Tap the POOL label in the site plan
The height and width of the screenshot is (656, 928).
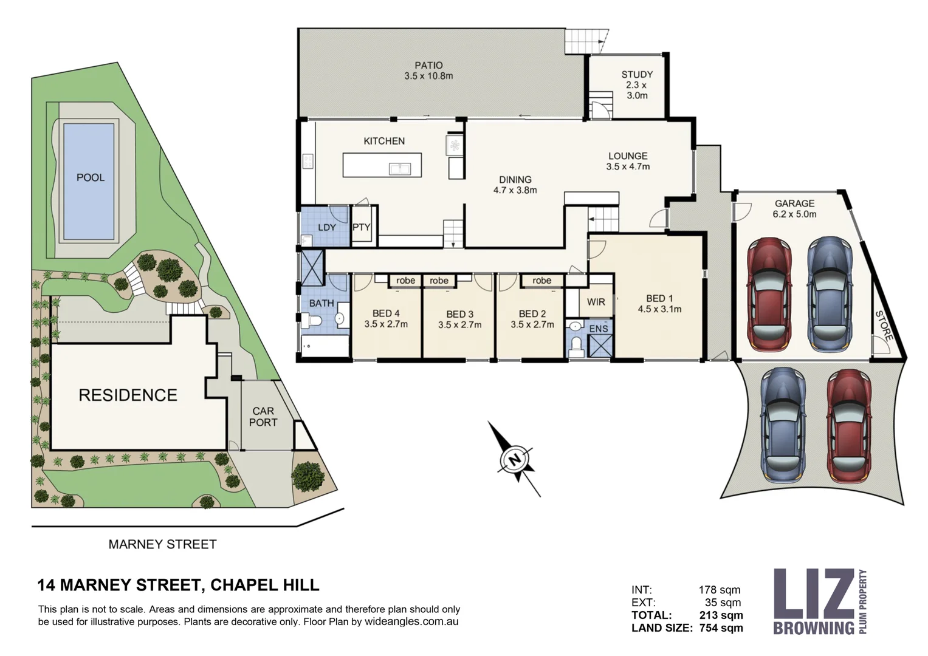click(90, 177)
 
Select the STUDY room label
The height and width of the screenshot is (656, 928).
click(636, 75)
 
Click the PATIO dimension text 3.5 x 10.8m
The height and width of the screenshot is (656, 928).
click(428, 77)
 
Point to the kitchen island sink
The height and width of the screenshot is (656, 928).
click(398, 168)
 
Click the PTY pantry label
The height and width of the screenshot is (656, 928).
click(362, 227)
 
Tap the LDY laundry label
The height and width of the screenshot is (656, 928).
click(326, 227)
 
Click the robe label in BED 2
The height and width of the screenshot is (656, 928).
click(541, 281)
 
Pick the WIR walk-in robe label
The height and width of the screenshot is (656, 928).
click(596, 302)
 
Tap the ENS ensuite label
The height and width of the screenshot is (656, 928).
click(598, 329)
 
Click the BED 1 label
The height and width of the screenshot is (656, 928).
click(659, 298)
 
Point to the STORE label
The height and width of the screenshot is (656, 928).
click(884, 325)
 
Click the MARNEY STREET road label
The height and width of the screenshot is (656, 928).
click(162, 544)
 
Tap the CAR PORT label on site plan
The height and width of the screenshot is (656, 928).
click(263, 417)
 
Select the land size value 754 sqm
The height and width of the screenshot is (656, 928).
click(721, 628)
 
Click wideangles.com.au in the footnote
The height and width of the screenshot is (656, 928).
click(411, 622)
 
